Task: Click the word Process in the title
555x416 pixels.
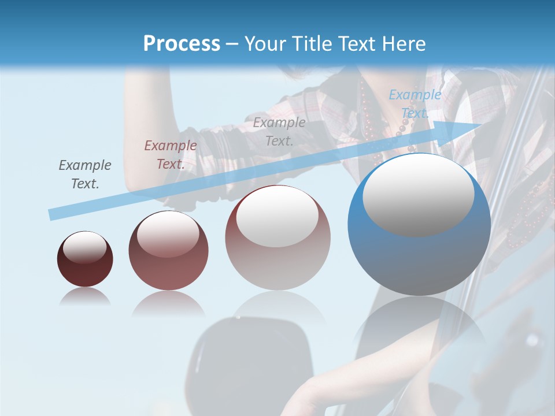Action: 182,44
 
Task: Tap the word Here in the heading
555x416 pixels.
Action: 403,44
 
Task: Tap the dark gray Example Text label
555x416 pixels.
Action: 85,174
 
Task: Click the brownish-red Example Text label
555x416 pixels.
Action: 170,154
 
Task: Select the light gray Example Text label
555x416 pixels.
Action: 279,131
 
